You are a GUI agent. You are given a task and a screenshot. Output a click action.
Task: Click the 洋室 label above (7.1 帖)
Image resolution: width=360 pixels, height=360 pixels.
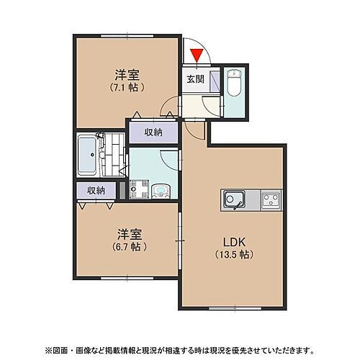(127, 75)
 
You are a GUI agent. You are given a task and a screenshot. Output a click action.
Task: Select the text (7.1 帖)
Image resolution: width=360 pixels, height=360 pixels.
(127, 88)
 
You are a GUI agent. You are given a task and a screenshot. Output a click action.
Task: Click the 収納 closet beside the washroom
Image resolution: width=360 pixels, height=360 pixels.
(153, 132)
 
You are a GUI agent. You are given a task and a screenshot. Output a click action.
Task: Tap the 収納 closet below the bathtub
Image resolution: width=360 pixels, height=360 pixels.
(96, 190)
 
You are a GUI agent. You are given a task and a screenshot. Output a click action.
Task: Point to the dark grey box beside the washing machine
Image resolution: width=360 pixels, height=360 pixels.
(123, 191)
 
